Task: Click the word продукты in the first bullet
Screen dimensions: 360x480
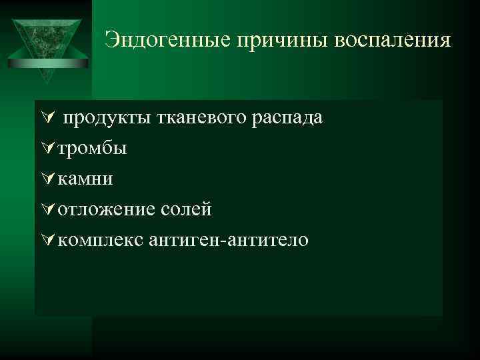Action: [x=109, y=118]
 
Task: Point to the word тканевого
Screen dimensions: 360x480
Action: [x=207, y=118]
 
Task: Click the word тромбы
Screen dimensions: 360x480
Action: [x=92, y=148]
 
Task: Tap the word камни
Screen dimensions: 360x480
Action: [x=85, y=179]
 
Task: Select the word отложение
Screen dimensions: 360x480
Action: [x=107, y=209]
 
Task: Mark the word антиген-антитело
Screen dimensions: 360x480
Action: [x=228, y=239]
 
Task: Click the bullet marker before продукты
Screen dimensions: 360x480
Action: [x=46, y=118]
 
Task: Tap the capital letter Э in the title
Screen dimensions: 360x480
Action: [x=111, y=40]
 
